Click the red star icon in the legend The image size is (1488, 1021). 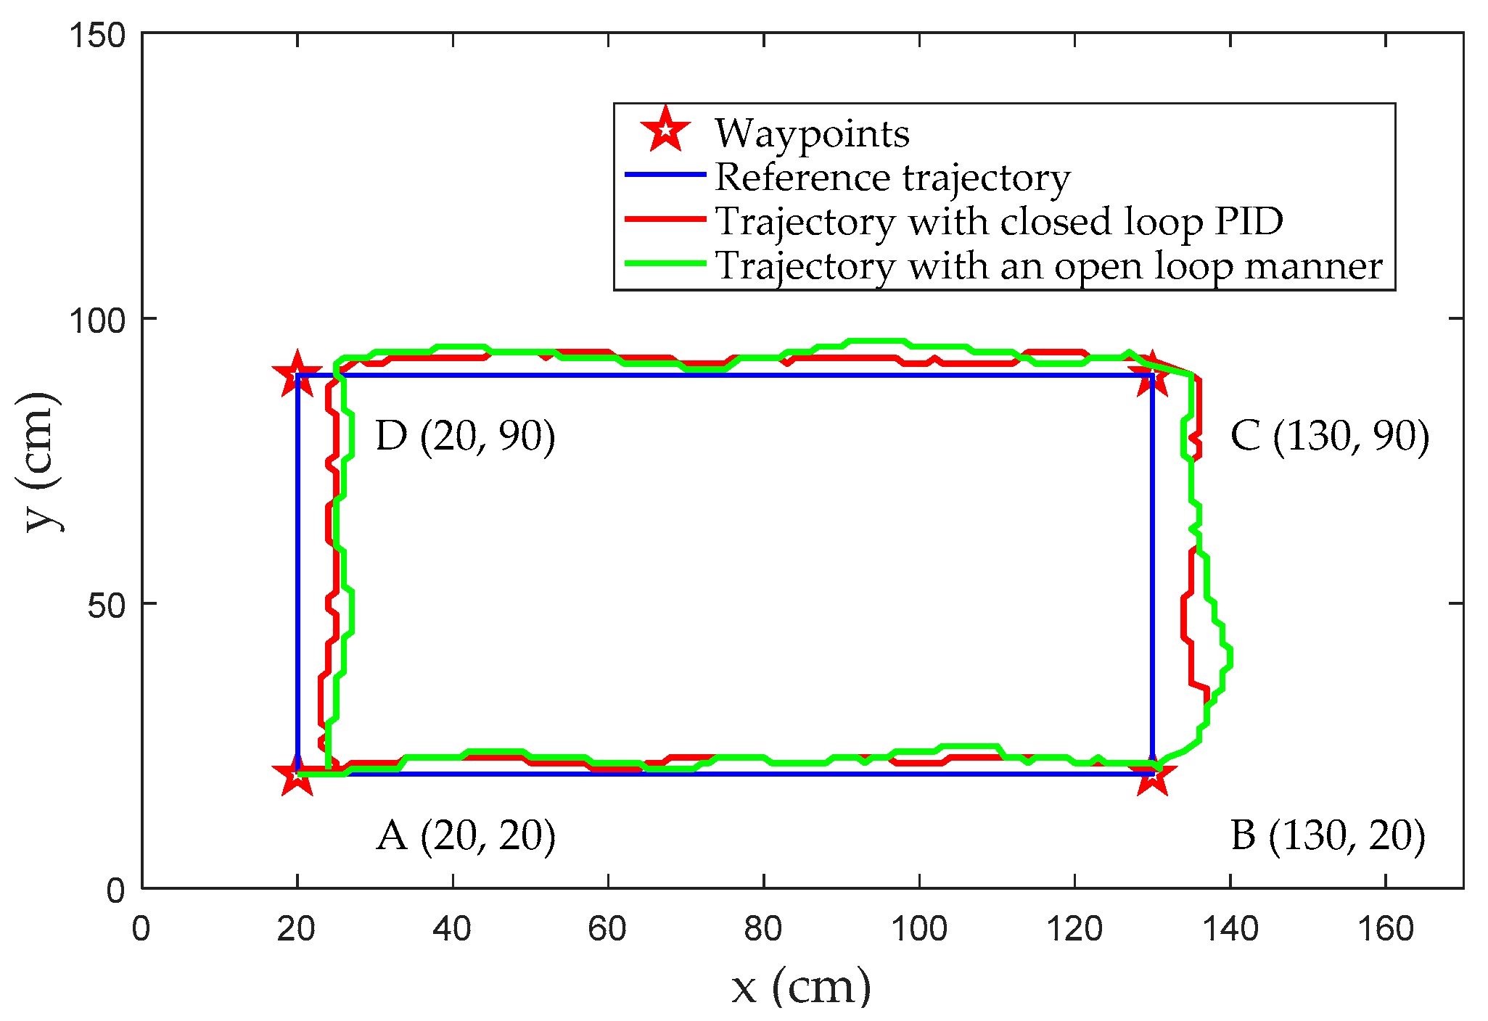(665, 131)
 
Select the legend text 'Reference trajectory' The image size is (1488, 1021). (892, 177)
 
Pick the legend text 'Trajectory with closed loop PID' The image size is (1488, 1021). (999, 221)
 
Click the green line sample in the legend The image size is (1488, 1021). (665, 264)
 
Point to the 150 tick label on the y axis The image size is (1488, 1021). (97, 36)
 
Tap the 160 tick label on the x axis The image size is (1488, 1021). (1386, 929)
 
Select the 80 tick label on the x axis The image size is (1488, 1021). (763, 929)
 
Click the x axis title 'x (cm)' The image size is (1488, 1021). (801, 987)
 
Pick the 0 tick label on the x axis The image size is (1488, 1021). (141, 929)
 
